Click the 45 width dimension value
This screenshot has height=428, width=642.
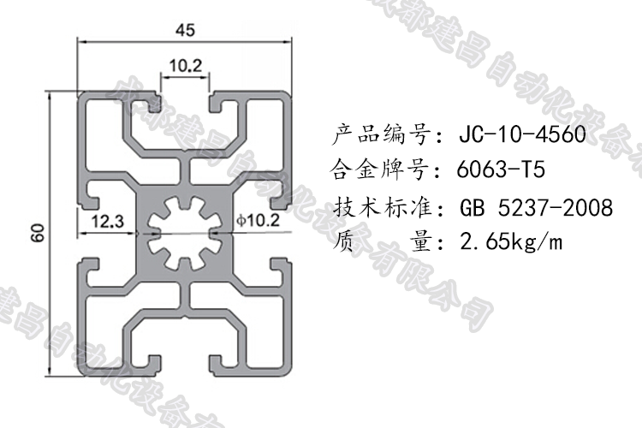pos(185,29)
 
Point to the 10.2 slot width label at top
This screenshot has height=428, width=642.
pos(185,65)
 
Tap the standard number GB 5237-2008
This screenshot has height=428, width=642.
pos(536,208)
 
